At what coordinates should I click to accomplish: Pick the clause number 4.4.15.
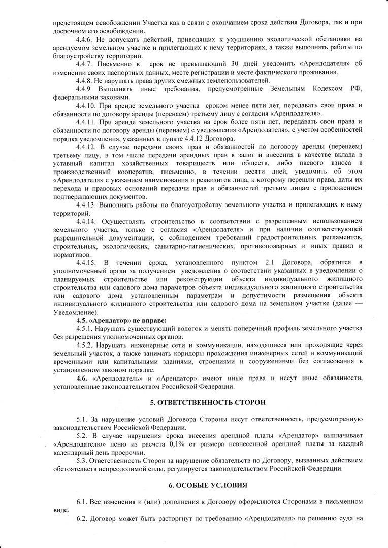[x=86, y=262]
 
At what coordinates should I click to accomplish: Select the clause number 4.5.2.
[x=86, y=345]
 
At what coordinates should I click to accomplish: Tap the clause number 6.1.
[x=83, y=501]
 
